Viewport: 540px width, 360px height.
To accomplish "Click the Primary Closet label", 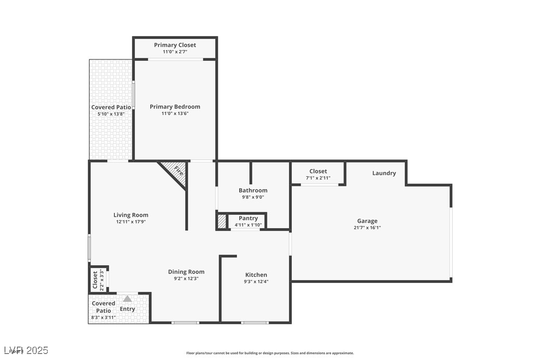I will point(175,45).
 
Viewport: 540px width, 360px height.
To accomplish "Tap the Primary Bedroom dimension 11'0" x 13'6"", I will point(175,113).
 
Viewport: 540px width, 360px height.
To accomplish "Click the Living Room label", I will point(131,215).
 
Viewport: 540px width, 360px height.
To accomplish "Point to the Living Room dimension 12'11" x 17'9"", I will point(131,222).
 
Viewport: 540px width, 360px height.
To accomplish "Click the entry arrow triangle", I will point(127,299).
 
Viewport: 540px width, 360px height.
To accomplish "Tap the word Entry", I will point(127,309).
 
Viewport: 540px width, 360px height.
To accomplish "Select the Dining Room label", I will point(186,272).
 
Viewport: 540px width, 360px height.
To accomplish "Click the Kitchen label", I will point(256,275).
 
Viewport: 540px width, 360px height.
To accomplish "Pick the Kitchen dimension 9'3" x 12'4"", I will point(256,281).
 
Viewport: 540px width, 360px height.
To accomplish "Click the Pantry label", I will point(248,218).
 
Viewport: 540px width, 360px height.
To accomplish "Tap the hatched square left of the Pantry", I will point(221,221).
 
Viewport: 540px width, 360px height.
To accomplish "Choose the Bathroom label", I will point(253,190).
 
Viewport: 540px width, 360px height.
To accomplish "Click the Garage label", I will point(367,221).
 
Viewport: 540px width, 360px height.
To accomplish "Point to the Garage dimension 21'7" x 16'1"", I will point(367,228).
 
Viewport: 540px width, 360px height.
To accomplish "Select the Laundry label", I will point(384,174).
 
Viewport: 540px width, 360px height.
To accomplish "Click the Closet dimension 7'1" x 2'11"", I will point(318,178).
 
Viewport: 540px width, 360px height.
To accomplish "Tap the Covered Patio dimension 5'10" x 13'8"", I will point(111,114).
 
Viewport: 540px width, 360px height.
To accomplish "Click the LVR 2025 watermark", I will point(25,351).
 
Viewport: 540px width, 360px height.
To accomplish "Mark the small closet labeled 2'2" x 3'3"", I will point(98,279).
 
